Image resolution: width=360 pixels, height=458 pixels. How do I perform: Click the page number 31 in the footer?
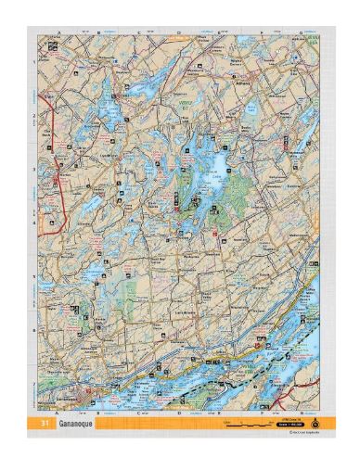(45, 423)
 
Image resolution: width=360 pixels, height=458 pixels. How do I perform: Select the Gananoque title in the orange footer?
(75, 423)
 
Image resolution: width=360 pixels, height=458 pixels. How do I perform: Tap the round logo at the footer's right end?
(312, 422)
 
